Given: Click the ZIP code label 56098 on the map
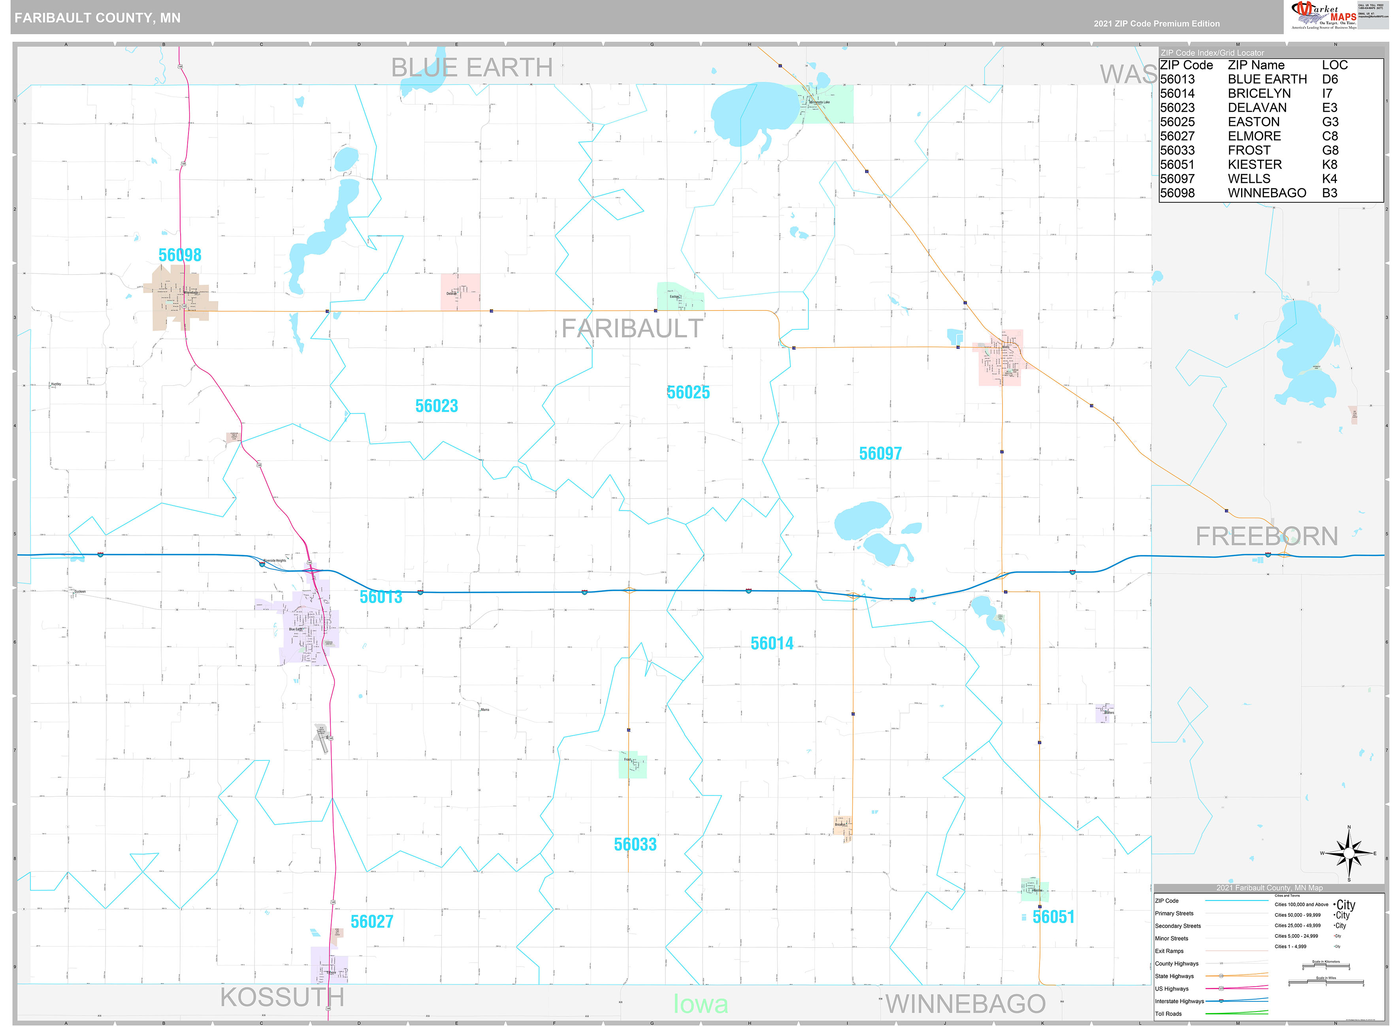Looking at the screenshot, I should tap(180, 255).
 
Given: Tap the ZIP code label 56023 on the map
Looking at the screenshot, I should tap(437, 406).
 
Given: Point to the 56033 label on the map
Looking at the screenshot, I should tap(635, 844).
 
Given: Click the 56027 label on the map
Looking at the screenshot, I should tap(372, 921).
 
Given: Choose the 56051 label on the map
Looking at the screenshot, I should tap(1053, 917).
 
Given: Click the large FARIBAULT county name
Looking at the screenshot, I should tap(632, 328).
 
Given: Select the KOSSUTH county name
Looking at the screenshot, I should tap(282, 998).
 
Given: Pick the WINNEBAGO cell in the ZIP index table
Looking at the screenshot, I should tap(1267, 193).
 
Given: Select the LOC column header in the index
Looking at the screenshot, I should tap(1334, 65).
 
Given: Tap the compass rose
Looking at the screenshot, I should tap(1348, 854).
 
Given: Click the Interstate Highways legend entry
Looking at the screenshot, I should tap(1179, 1001).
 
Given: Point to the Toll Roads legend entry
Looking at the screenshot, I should tap(1168, 1013).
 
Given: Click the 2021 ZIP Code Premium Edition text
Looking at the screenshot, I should tap(1157, 24).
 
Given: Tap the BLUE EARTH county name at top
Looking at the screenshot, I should tap(471, 67).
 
